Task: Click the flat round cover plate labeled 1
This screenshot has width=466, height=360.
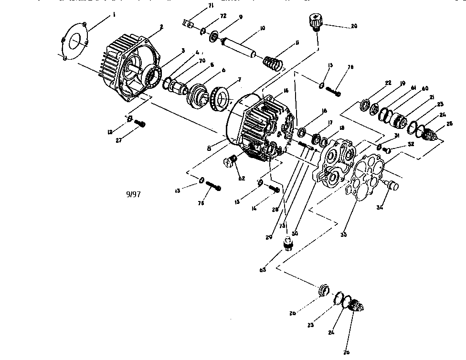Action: tap(75, 42)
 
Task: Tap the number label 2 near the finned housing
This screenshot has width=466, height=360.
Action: tap(162, 27)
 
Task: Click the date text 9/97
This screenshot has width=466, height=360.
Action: tap(133, 194)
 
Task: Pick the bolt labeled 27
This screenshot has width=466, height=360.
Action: tap(140, 124)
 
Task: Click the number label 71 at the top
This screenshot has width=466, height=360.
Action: tap(211, 5)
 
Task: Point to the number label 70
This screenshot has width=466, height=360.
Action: tap(202, 61)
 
